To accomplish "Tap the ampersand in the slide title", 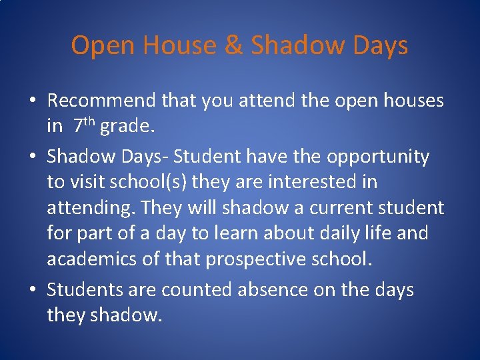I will tap(234, 45).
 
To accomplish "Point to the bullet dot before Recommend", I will tap(32, 101).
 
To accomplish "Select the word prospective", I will tap(257, 259).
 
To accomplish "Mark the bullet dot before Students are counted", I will tap(32, 291).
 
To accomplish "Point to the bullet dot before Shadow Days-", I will tap(32, 157).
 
